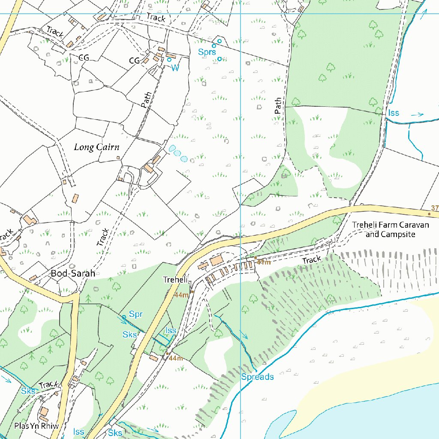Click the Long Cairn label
click(x=96, y=147)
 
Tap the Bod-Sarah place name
click(x=73, y=273)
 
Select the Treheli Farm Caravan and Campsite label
click(x=390, y=230)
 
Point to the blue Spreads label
click(x=257, y=377)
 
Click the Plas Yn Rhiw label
click(x=36, y=426)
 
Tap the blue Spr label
click(x=135, y=315)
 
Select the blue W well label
click(x=175, y=68)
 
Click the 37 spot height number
click(x=435, y=208)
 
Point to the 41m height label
click(x=264, y=262)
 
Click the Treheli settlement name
click(x=176, y=280)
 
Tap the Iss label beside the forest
click(x=394, y=113)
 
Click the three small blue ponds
click(x=177, y=153)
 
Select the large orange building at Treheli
click(x=216, y=260)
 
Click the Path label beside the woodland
click(x=278, y=105)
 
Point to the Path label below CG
click(x=146, y=99)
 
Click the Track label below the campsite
click(x=312, y=260)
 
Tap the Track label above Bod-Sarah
click(x=102, y=237)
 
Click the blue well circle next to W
click(x=169, y=60)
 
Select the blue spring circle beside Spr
click(x=123, y=317)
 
